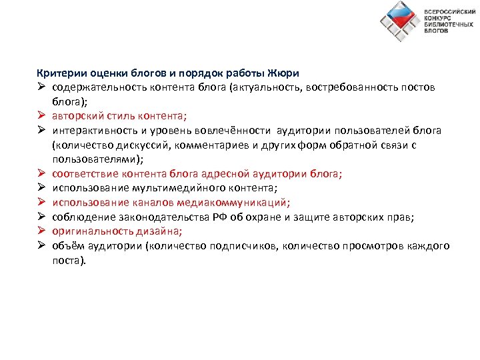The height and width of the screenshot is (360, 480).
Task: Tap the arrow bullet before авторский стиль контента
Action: [41, 115]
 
